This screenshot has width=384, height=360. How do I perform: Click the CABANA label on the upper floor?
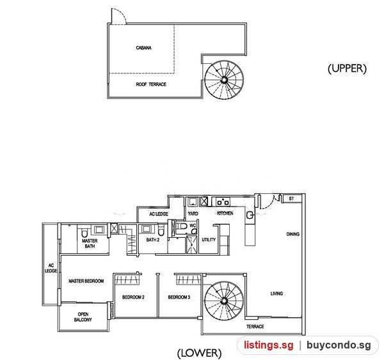pos(143,48)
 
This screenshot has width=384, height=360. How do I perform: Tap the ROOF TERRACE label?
pos(151,84)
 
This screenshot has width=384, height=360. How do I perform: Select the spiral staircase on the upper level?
pos(224,80)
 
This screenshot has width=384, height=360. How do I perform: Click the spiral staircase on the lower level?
pos(225,301)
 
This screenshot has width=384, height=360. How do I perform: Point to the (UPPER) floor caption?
pos(347,68)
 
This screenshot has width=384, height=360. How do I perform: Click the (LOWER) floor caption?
pos(199,353)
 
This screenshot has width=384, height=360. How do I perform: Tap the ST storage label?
pos(291,198)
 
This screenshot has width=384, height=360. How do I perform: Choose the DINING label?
pos(293,234)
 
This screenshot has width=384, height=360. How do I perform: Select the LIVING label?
pos(276,293)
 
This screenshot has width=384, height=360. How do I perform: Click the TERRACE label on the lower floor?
pos(255,327)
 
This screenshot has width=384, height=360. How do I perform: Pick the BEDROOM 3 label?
pos(179,297)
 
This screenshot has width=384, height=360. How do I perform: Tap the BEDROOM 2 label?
pos(133,297)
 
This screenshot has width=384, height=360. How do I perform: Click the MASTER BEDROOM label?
pos(86,281)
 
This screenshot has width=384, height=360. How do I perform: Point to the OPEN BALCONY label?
pos(83,317)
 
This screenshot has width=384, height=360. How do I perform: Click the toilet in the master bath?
pos(84,233)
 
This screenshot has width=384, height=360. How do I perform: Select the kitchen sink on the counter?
pos(250,215)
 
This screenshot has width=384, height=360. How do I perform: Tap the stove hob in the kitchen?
pos(223,202)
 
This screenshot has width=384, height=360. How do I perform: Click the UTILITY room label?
pos(209,240)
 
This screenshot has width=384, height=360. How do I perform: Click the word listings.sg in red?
pos(268,345)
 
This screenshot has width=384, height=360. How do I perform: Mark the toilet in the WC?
pos(182,226)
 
